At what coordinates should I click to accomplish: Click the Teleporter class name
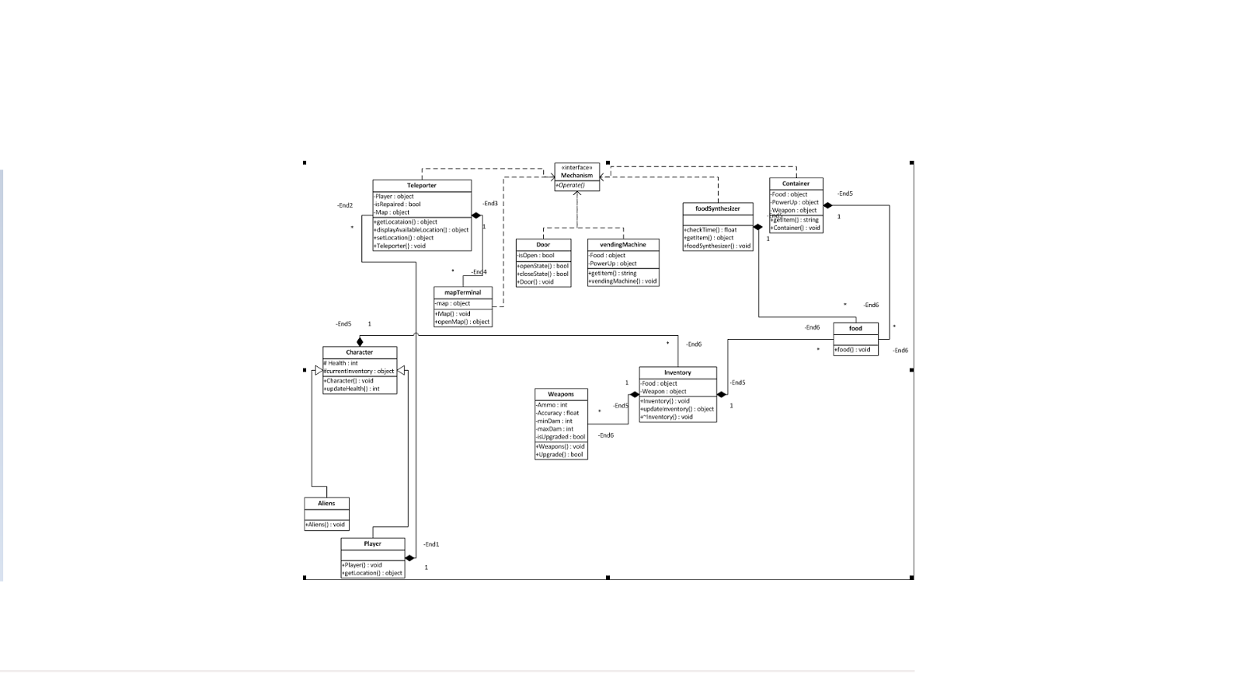[422, 186]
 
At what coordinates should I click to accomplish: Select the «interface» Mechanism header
[576, 172]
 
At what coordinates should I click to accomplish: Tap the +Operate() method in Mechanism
[571, 186]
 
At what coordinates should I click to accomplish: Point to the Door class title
[543, 245]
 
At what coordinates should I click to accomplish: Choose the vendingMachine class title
[623, 245]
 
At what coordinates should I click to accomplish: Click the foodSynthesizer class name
[718, 209]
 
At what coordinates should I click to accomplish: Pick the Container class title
[796, 184]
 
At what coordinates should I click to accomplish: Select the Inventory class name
[677, 373]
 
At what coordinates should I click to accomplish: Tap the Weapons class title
[561, 395]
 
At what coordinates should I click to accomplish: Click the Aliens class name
[326, 504]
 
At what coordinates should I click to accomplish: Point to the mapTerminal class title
[463, 293]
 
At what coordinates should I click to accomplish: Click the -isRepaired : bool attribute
[398, 204]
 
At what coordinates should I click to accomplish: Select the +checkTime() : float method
[711, 230]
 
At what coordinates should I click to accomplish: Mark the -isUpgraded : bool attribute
[561, 437]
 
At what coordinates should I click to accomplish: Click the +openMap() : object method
[462, 322]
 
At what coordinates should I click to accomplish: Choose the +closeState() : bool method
[543, 274]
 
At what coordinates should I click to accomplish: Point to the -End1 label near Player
[431, 544]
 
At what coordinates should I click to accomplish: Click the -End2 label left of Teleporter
[345, 206]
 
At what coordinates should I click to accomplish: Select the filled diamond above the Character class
[360, 341]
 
